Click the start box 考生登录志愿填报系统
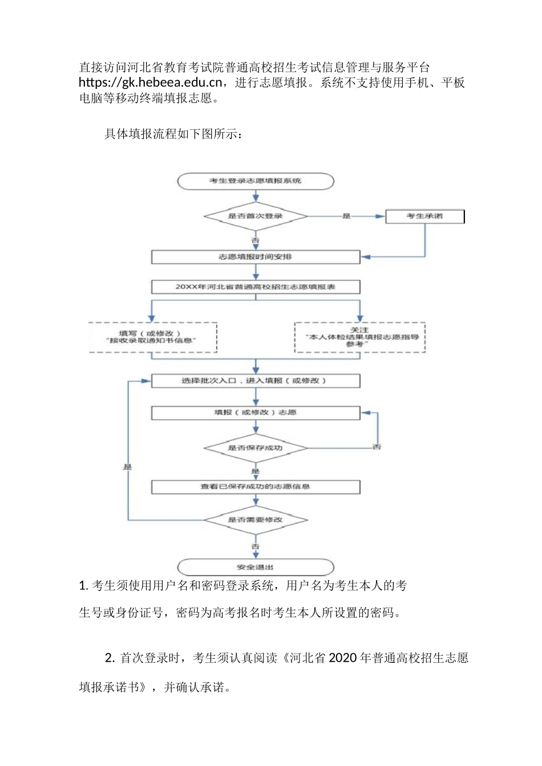pyautogui.click(x=256, y=181)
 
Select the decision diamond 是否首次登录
pyautogui.click(x=256, y=217)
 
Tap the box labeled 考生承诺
pyautogui.click(x=424, y=217)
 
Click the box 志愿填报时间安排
pyautogui.click(x=256, y=257)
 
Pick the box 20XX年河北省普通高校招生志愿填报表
pyautogui.click(x=256, y=287)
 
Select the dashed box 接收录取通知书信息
pyautogui.click(x=153, y=337)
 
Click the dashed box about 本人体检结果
pyautogui.click(x=359, y=337)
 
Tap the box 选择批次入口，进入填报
pyautogui.click(x=256, y=381)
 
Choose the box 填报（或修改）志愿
pyautogui.click(x=256, y=413)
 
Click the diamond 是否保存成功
pyautogui.click(x=256, y=448)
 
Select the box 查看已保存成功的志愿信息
pyautogui.click(x=256, y=487)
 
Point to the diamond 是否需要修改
pyautogui.click(x=256, y=520)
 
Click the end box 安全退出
pyautogui.click(x=256, y=567)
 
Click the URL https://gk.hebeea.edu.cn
pyautogui.click(x=150, y=83)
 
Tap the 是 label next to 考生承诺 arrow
pyautogui.click(x=346, y=217)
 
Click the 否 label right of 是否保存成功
pyautogui.click(x=377, y=447)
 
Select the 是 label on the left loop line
pyautogui.click(x=127, y=467)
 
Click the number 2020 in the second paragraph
pyautogui.click(x=343, y=658)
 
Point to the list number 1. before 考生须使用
pyautogui.click(x=83, y=586)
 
